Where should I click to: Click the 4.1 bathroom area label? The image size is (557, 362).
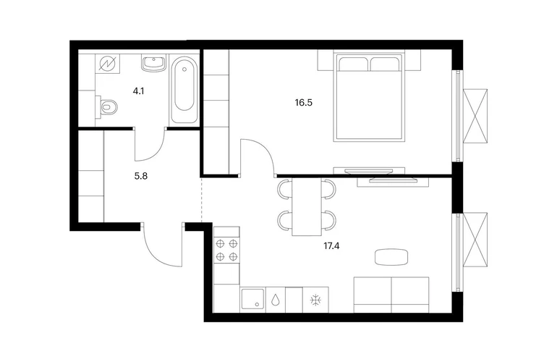tap(138, 91)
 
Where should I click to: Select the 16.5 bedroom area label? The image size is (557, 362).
tap(303, 103)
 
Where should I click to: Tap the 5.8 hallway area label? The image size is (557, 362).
tap(140, 176)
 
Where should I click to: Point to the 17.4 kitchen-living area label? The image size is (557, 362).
tap(331, 245)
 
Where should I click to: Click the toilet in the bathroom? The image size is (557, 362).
tap(107, 106)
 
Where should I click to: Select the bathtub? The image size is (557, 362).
tap(184, 90)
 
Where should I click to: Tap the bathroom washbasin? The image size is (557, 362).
tap(154, 63)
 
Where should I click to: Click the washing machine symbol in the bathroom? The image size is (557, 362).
tap(108, 64)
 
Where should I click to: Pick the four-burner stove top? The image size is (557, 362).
tap(226, 250)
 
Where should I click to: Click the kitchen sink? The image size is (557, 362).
tap(252, 299)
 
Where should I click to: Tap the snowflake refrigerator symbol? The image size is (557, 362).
tap(315, 300)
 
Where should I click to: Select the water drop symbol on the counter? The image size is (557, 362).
tap(276, 300)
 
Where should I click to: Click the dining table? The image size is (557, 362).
tap(307, 206)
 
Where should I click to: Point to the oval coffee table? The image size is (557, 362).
tap(391, 257)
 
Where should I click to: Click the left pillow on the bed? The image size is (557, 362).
tap(354, 64)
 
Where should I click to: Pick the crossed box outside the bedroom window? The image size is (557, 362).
tap(475, 116)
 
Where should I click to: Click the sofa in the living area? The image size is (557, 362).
tap(391, 295)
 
